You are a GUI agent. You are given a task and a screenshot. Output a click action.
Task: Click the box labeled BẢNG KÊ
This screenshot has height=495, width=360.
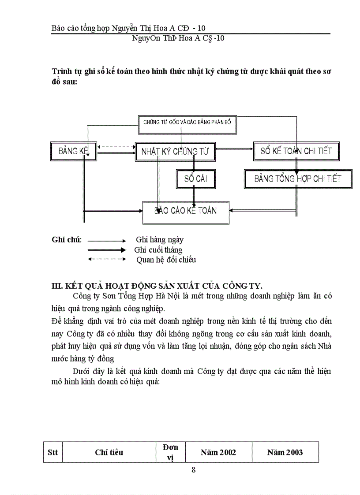pos(74,151)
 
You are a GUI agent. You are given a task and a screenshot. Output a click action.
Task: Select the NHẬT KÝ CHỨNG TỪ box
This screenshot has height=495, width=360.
pos(175,152)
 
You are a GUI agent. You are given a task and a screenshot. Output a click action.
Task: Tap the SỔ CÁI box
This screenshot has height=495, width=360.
pos(196,179)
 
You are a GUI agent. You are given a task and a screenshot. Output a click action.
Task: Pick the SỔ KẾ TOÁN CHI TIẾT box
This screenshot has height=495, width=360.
pos(296,151)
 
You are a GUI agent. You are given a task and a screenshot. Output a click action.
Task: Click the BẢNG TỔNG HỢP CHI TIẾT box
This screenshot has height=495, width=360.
pos(298,179)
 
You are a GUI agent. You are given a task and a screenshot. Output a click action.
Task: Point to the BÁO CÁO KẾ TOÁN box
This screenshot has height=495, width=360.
pos(186,211)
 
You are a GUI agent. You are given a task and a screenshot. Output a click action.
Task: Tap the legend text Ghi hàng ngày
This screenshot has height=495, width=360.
pos(159,240)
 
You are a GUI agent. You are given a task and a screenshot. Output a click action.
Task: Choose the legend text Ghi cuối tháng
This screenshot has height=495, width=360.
pos(158,250)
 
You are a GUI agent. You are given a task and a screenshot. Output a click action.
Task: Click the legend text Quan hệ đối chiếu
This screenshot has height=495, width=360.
pos(166,260)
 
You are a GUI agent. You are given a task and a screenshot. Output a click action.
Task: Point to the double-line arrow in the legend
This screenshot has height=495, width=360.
pos(107,250)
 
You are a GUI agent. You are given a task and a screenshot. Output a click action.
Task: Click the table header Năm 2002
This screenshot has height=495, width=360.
pos(218,452)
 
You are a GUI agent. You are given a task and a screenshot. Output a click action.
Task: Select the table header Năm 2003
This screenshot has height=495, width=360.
pos(285,452)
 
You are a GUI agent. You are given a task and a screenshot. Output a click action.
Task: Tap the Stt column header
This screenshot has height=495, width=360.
pos(52,452)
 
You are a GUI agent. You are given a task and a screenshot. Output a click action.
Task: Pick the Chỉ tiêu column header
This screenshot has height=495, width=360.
pos(109,452)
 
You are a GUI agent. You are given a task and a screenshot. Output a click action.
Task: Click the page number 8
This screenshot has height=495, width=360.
pos(193,469)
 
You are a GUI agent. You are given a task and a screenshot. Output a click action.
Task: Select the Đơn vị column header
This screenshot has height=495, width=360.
pos(170,452)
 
